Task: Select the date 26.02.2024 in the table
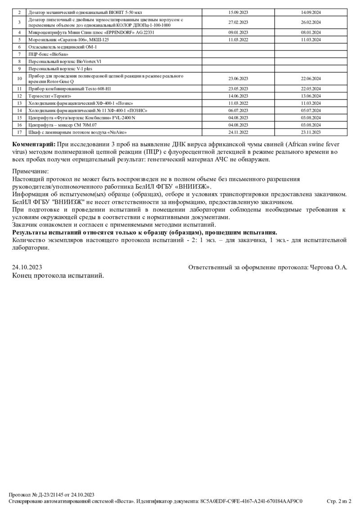pyautogui.click(x=310, y=22)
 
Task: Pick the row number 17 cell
pyautogui.click(x=19, y=132)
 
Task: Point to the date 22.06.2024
pyautogui.click(x=310, y=79)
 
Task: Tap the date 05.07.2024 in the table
pyautogui.click(x=310, y=110)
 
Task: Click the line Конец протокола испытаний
pyautogui.click(x=58, y=275)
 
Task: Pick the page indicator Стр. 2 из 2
pyautogui.click(x=339, y=500)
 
